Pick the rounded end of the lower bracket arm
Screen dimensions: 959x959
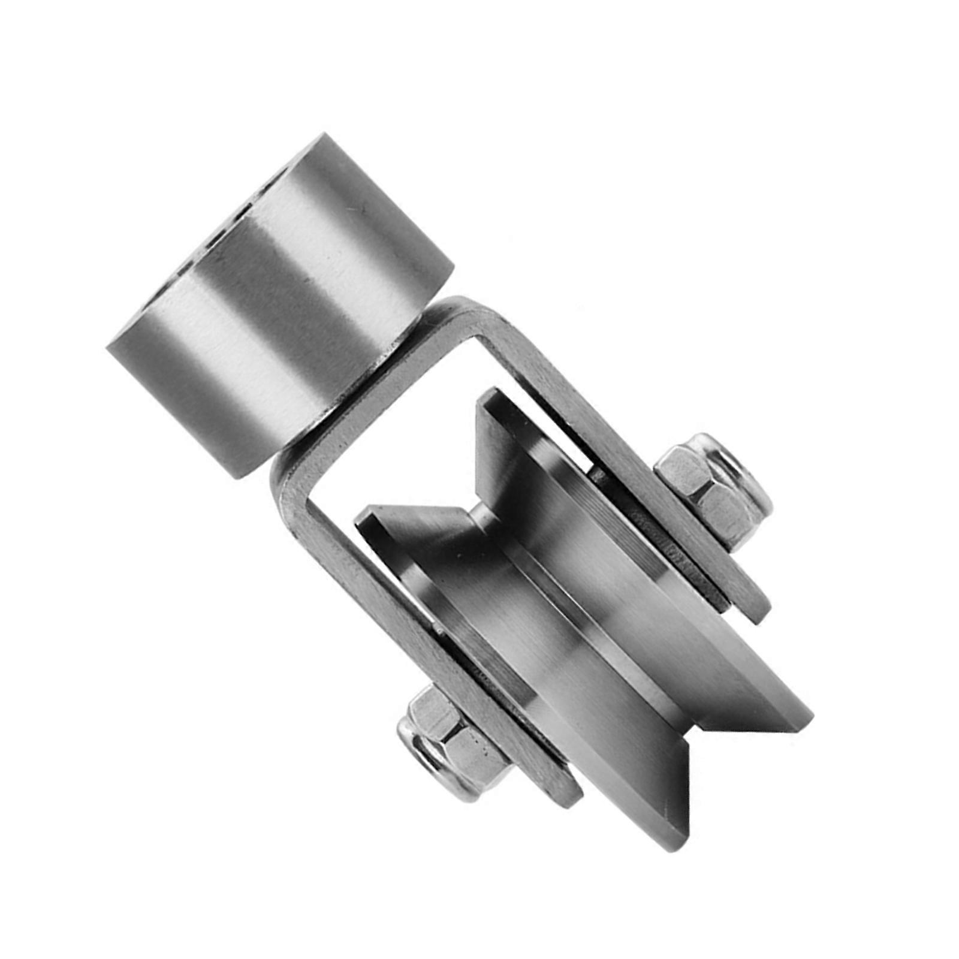569,797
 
